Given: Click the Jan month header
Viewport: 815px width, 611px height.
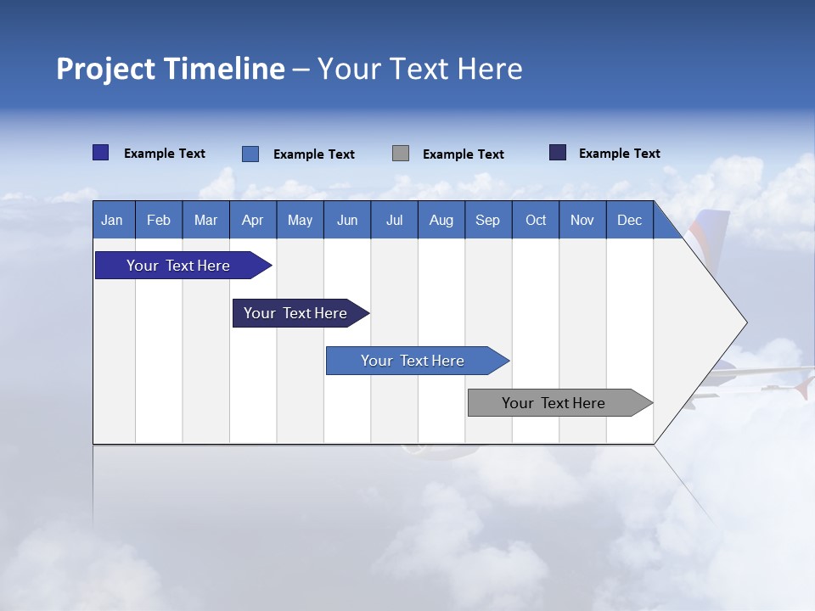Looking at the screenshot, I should click(112, 220).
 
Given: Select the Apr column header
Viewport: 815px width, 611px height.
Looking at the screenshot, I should click(252, 220).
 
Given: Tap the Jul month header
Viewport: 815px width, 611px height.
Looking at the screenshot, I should click(394, 220).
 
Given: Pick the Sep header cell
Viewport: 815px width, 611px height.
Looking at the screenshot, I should click(487, 220).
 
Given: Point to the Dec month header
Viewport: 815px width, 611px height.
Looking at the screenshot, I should click(629, 220).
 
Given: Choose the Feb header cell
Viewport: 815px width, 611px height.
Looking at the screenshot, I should click(159, 220).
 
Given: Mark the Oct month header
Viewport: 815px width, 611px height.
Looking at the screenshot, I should click(536, 220).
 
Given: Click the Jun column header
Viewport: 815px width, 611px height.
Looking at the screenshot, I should click(347, 220).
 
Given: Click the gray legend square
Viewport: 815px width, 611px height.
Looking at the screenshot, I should click(401, 154).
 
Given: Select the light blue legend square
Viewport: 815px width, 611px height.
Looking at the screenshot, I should click(250, 154).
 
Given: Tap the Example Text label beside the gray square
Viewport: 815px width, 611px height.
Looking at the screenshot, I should click(463, 154).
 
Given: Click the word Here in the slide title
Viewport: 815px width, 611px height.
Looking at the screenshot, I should click(490, 69).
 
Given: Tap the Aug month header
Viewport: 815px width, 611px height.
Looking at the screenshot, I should click(441, 220).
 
